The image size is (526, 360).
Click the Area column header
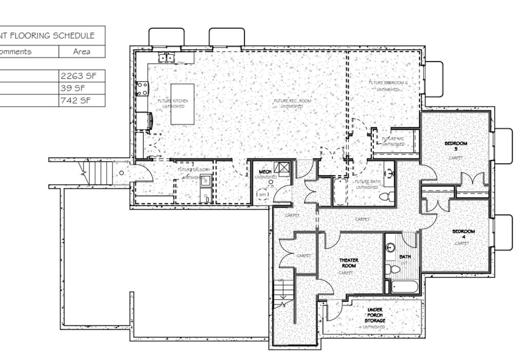pos(81,51)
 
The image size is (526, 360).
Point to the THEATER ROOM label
pos(349,263)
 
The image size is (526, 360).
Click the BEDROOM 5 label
pos(456,146)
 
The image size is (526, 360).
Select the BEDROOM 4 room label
pos(463,234)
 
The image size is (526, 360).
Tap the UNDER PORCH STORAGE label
pos(374,315)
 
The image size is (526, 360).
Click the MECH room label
pos(265,172)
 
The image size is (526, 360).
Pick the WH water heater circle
pos(262,195)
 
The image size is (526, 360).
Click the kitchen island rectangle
pos(182,104)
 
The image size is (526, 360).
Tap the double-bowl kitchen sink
pos(166,58)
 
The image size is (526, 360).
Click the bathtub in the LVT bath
pos(404,286)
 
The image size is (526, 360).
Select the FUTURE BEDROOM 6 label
pos(388,85)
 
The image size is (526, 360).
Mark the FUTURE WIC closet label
pos(393,141)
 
